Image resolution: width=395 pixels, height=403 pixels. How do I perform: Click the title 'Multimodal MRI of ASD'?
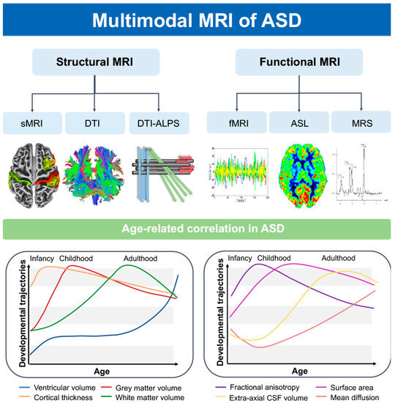[x=197, y=19]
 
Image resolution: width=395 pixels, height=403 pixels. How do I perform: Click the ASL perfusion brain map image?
[x=300, y=176]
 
